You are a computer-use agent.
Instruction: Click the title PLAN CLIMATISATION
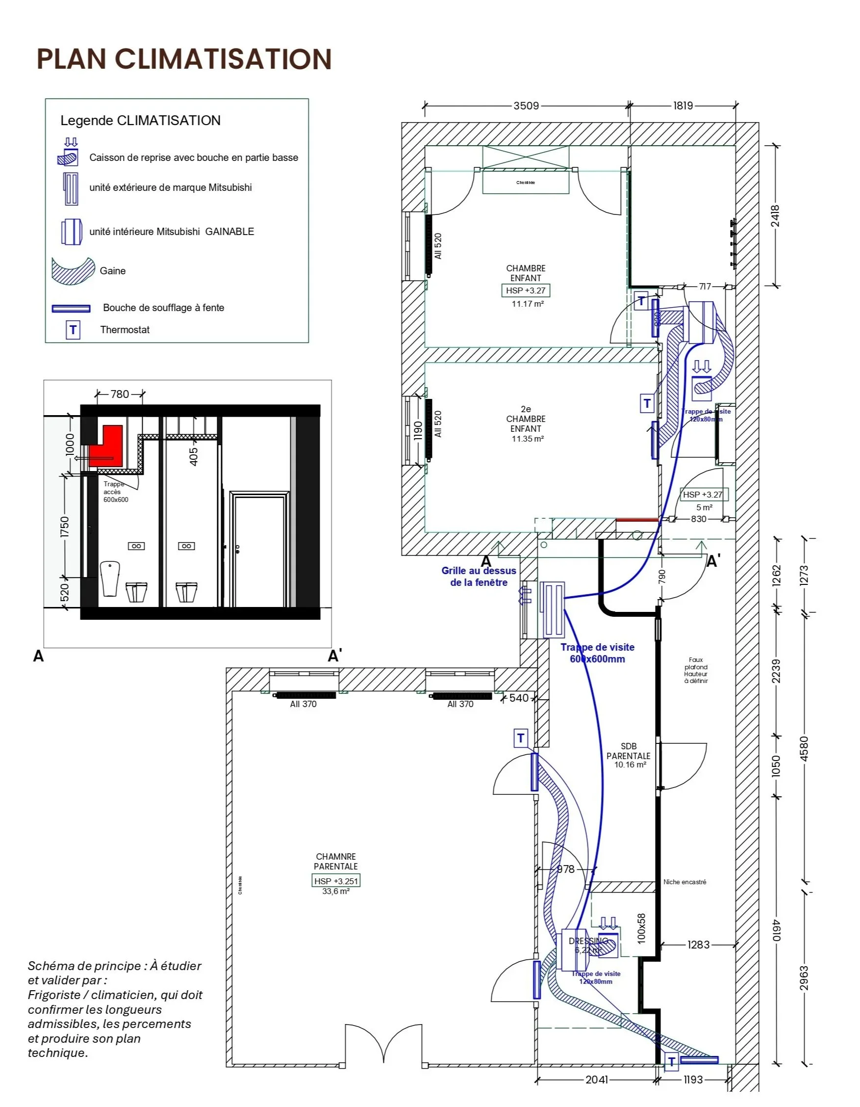(x=184, y=59)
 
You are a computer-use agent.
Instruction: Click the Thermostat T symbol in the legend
(x=73, y=330)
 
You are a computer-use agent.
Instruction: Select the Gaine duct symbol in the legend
(x=74, y=271)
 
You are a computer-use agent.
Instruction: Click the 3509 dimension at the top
(x=526, y=106)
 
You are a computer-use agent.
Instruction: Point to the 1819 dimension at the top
(x=683, y=106)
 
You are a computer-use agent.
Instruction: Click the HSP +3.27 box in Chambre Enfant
(x=526, y=290)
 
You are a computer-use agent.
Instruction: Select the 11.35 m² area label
(x=527, y=439)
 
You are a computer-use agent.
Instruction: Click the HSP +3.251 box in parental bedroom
(x=336, y=881)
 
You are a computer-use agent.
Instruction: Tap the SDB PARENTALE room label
(x=629, y=755)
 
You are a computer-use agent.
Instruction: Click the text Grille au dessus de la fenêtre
(x=479, y=576)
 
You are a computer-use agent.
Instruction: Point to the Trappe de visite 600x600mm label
(x=597, y=653)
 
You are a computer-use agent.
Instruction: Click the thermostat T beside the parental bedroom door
(x=521, y=738)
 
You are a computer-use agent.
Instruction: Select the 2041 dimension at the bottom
(x=596, y=1080)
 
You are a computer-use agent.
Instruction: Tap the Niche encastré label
(x=685, y=882)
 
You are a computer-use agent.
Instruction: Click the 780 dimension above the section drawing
(x=120, y=394)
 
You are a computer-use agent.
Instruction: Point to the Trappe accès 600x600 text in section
(x=116, y=492)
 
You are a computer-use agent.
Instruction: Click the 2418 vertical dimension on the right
(x=775, y=216)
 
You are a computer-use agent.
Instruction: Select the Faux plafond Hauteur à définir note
(x=695, y=670)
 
